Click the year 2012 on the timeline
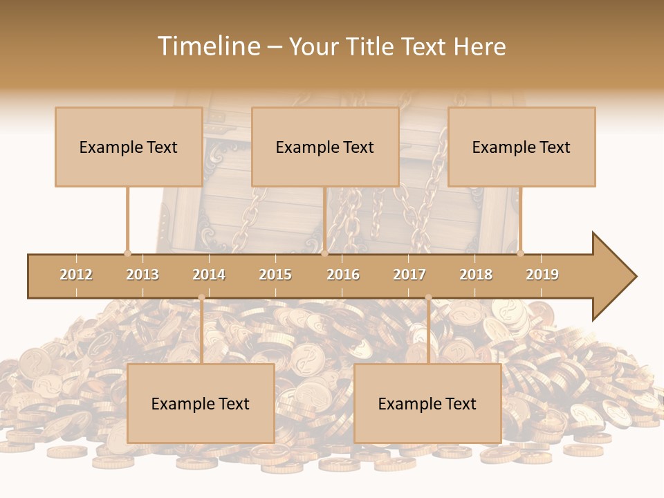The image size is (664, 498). pyautogui.click(x=76, y=275)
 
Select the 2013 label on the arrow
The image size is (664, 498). pyautogui.click(x=142, y=275)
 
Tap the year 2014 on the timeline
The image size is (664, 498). pyautogui.click(x=209, y=275)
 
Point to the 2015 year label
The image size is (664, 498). pyautogui.click(x=275, y=275)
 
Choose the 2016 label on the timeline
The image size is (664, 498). pyautogui.click(x=343, y=275)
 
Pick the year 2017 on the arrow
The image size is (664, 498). pyautogui.click(x=409, y=275)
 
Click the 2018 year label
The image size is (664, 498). pyautogui.click(x=476, y=275)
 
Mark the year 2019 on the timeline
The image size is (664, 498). pyautogui.click(x=542, y=275)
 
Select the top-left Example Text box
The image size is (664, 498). pyautogui.click(x=129, y=147)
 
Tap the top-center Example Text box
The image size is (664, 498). pyautogui.click(x=325, y=147)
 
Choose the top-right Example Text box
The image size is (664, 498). pyautogui.click(x=522, y=147)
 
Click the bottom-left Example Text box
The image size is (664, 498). pyautogui.click(x=201, y=403)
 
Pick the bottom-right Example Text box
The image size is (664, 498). pyautogui.click(x=427, y=403)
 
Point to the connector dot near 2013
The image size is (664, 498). pyautogui.click(x=127, y=253)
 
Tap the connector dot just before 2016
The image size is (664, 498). pyautogui.click(x=324, y=253)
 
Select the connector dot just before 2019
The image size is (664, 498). pyautogui.click(x=520, y=253)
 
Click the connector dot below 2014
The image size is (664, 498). pyautogui.click(x=201, y=297)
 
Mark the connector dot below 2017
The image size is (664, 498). pyautogui.click(x=428, y=297)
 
